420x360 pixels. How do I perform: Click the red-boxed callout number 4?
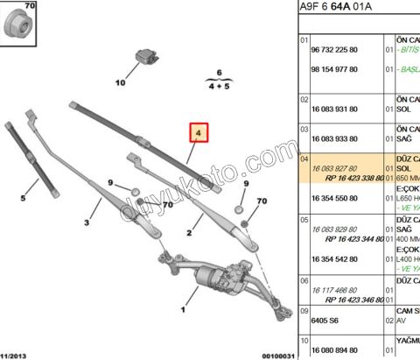199,134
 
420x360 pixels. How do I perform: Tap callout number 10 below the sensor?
121,83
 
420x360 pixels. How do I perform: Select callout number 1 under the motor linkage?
182,309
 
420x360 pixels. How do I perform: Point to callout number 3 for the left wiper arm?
87,223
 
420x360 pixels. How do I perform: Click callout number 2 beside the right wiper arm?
188,231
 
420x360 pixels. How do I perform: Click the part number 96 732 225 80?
335,50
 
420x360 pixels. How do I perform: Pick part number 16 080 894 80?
335,348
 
